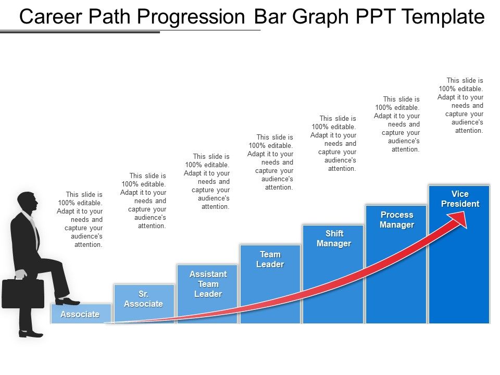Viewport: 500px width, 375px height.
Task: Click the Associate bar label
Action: click(x=80, y=315)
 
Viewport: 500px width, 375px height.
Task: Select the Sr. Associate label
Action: click(x=144, y=299)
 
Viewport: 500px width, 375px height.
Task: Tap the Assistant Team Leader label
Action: click(x=208, y=284)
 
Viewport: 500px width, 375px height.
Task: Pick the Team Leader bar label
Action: click(x=270, y=259)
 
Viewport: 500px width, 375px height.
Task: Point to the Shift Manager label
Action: click(x=334, y=239)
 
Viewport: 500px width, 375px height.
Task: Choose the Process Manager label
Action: click(x=397, y=220)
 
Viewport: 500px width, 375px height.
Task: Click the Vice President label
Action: click(x=460, y=199)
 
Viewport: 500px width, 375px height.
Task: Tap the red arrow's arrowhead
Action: click(x=458, y=219)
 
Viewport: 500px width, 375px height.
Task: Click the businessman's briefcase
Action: click(x=23, y=292)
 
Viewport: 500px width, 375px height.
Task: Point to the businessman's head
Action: click(x=28, y=202)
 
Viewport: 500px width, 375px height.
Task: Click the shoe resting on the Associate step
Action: click(x=67, y=301)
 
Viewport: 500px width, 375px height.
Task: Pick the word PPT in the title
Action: click(x=375, y=17)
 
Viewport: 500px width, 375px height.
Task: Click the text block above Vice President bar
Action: click(x=460, y=106)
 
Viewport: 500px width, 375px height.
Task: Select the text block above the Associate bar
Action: click(x=80, y=219)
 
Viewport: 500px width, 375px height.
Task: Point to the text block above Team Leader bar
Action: click(x=270, y=162)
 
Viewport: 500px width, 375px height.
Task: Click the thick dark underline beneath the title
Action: click(x=80, y=32)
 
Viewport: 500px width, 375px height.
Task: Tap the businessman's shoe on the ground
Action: click(x=31, y=334)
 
